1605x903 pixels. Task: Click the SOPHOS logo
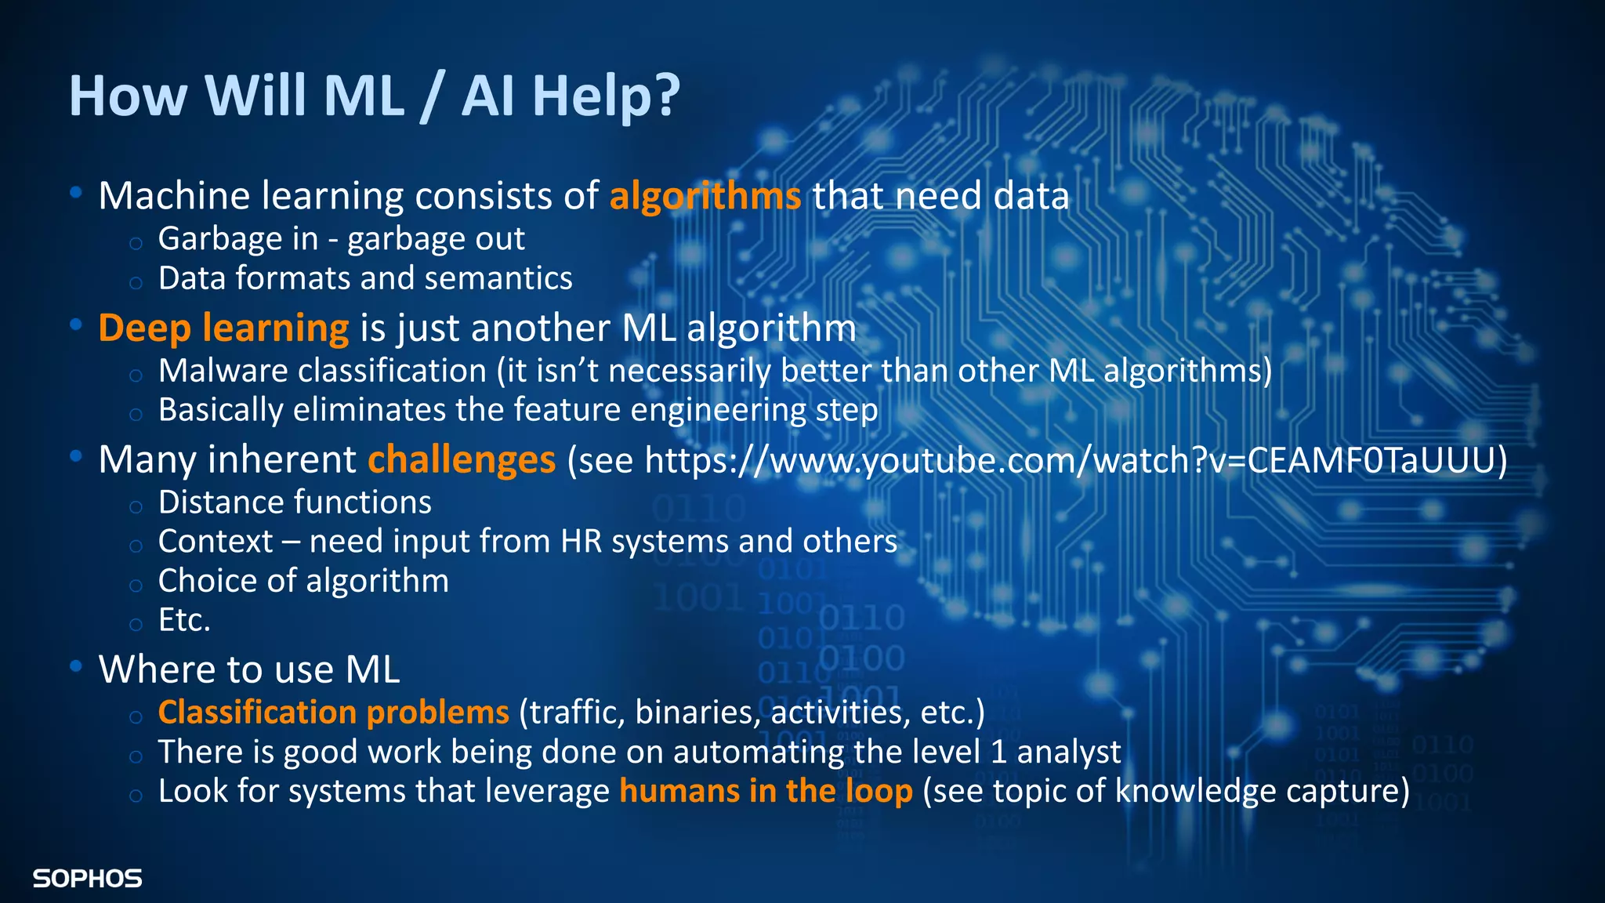[x=87, y=879]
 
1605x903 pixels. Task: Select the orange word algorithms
[x=705, y=196]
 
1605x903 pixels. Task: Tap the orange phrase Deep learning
[x=223, y=328]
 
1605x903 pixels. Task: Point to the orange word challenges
[x=462, y=459]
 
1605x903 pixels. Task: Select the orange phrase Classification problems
[x=334, y=713]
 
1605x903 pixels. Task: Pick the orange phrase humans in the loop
[x=766, y=791]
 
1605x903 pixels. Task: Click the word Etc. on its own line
[x=184, y=620]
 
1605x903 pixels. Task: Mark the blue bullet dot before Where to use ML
[x=76, y=667]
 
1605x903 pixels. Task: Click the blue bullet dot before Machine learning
[x=76, y=193]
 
